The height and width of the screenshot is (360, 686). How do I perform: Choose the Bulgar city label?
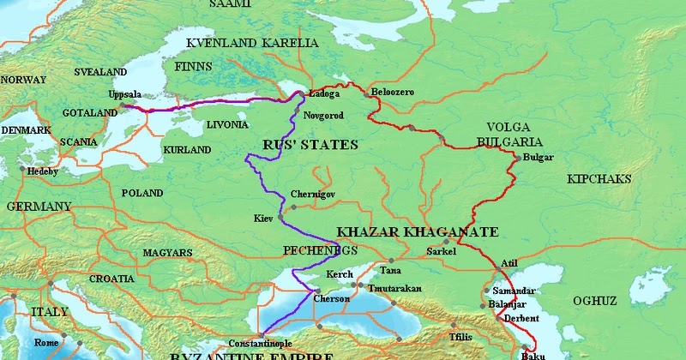point(538,157)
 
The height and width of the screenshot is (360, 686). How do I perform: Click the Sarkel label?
point(442,252)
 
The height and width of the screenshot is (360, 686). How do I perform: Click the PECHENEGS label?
point(319,249)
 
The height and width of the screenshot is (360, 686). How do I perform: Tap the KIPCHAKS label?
point(599,179)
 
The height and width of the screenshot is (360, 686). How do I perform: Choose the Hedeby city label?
point(42,171)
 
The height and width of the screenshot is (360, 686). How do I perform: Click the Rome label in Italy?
point(46,343)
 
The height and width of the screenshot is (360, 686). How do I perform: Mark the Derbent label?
point(521,318)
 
